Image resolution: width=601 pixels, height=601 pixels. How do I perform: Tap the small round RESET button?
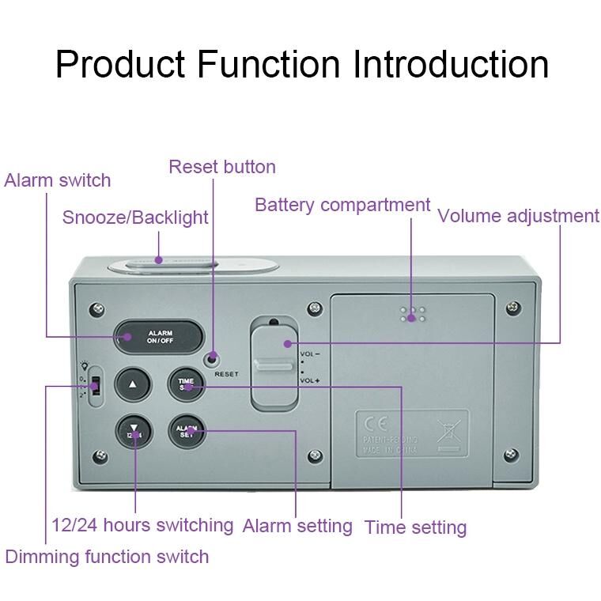tap(211, 358)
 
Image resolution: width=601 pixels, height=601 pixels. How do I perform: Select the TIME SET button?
tap(186, 384)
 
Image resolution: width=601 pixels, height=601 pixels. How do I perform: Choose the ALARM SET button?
tap(186, 431)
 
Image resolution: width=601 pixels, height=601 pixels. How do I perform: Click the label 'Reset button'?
tap(222, 167)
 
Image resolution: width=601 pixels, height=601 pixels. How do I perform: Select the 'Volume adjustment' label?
tap(518, 216)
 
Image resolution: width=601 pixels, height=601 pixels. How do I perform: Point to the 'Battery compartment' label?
tap(342, 205)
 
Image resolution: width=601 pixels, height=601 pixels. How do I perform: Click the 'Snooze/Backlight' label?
tap(135, 217)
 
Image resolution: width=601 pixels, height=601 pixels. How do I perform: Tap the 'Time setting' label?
tap(415, 527)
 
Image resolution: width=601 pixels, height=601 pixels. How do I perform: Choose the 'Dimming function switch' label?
tap(107, 557)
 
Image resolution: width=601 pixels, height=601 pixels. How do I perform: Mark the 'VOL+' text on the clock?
tap(309, 380)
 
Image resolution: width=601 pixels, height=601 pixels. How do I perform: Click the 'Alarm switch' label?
tap(58, 180)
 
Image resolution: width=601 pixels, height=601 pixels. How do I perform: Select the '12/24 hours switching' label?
tap(142, 524)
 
